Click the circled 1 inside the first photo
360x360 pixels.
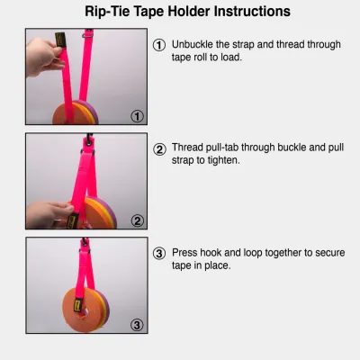pyautogui.click(x=137, y=115)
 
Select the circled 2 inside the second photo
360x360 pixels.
pyautogui.click(x=137, y=220)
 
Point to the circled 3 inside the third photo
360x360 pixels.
pyautogui.click(x=137, y=325)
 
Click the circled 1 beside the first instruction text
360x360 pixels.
pyautogui.click(x=159, y=45)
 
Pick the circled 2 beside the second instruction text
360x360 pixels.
pyautogui.click(x=159, y=149)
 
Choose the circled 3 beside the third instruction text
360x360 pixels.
pyautogui.click(x=159, y=253)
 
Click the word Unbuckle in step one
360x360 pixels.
pyautogui.click(x=194, y=45)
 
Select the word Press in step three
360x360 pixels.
pyautogui.click(x=186, y=253)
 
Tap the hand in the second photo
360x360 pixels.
pyautogui.click(x=47, y=214)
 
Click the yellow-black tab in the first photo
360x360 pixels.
pyautogui.click(x=59, y=43)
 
